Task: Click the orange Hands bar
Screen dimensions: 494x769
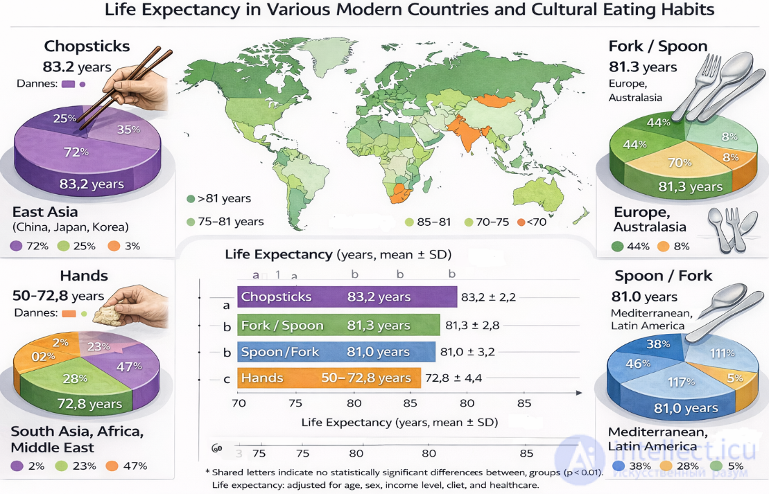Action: click(329, 378)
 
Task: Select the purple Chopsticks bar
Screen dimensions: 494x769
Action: click(347, 297)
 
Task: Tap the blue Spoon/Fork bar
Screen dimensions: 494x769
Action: click(336, 351)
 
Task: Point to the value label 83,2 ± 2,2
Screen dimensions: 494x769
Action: click(488, 297)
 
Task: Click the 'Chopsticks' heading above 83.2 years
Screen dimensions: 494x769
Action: click(87, 46)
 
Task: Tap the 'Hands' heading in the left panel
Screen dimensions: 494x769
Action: click(84, 276)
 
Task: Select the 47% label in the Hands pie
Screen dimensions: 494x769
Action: click(129, 367)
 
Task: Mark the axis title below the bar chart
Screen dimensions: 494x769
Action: click(399, 421)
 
